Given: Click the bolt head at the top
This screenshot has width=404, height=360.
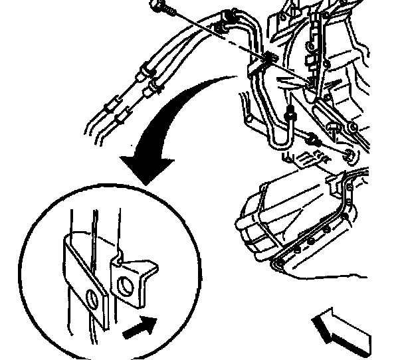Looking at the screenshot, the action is pos(157,7).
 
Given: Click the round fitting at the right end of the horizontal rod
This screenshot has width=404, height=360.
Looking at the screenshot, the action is pos(349,156).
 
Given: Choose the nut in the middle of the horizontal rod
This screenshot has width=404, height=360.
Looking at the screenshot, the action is pos(311,140).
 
